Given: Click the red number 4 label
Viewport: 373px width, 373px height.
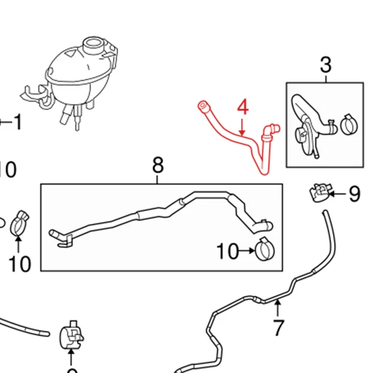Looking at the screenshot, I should [x=242, y=108].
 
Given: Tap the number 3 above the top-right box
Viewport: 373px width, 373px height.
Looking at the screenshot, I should [x=326, y=65].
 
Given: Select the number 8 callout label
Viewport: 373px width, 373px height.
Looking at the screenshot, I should [x=158, y=166].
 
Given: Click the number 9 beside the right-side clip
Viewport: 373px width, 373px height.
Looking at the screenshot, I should [x=354, y=194].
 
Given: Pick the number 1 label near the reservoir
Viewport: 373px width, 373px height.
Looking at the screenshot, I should [x=17, y=122].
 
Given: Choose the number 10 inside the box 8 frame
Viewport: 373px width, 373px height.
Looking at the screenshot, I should [x=228, y=252].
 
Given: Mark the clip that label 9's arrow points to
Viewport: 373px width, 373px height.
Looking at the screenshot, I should [x=318, y=192].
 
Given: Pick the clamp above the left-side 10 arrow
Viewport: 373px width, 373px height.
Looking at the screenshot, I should [x=18, y=222].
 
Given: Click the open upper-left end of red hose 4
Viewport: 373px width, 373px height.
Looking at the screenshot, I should [x=202, y=107].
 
